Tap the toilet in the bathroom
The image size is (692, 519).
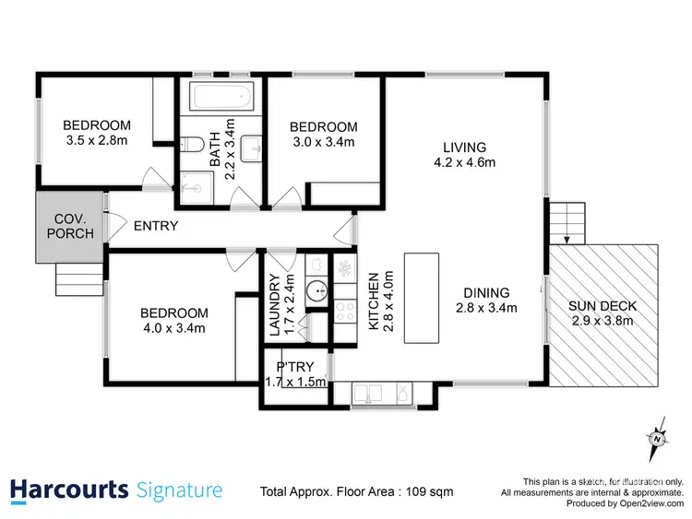click(x=191, y=145)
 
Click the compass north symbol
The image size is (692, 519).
click(x=657, y=437)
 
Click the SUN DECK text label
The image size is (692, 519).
click(x=603, y=306)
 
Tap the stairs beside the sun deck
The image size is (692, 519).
click(x=566, y=221)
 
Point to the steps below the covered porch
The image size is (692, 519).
click(x=76, y=276)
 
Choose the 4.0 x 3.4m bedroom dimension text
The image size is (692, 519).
click(x=173, y=328)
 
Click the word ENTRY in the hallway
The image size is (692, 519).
click(x=156, y=226)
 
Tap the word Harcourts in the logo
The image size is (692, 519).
click(x=68, y=490)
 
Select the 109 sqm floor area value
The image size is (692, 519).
click(x=430, y=492)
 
